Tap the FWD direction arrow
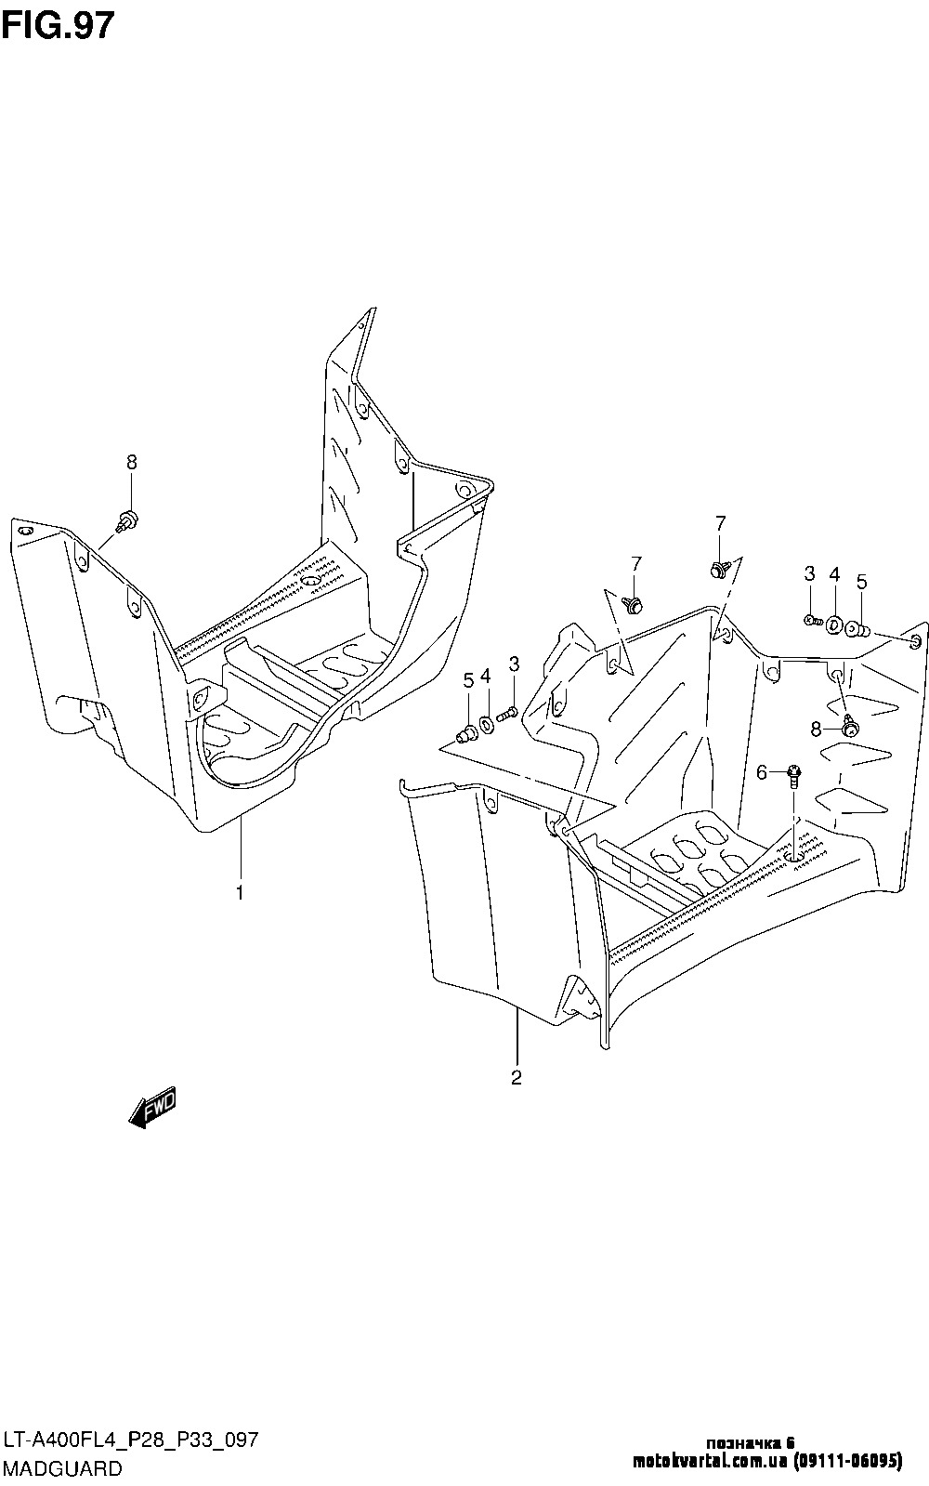click(x=152, y=1108)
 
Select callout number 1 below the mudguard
click(x=240, y=893)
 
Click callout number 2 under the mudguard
click(x=516, y=1078)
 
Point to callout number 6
click(x=761, y=772)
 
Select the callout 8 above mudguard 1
click(x=132, y=462)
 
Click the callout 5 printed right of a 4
click(x=861, y=583)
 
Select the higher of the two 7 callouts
click(x=720, y=523)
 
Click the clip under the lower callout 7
click(x=635, y=605)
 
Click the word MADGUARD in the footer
click(x=62, y=1468)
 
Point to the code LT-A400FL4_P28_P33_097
click(x=130, y=1441)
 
